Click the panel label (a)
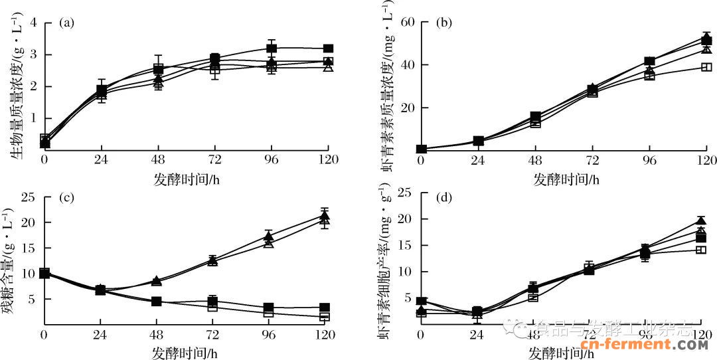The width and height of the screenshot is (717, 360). (66, 23)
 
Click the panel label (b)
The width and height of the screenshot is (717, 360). (443, 23)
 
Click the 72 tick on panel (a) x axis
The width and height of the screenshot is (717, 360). (214, 160)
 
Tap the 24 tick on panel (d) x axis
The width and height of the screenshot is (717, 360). (477, 335)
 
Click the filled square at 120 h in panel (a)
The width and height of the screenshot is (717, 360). (327, 48)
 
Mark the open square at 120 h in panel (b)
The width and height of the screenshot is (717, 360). (706, 66)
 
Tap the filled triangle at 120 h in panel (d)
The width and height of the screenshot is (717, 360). (701, 221)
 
